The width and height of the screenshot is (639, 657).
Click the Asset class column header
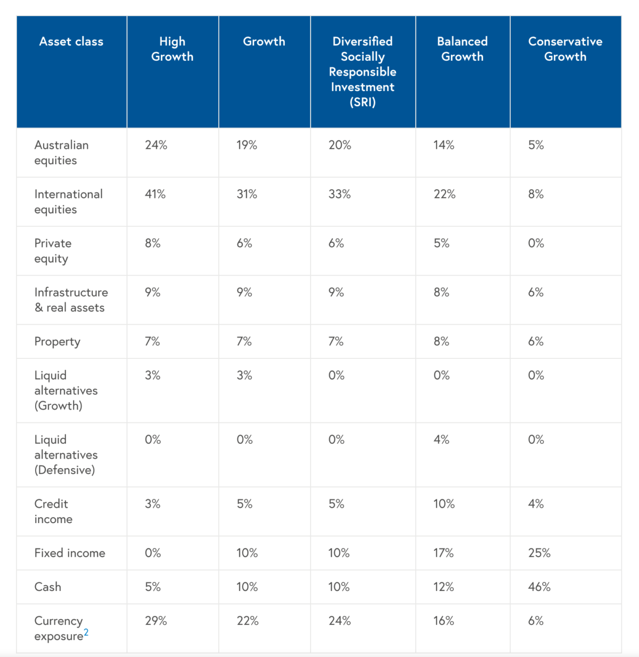pyautogui.click(x=71, y=42)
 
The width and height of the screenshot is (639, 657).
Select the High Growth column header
pyautogui.click(x=172, y=49)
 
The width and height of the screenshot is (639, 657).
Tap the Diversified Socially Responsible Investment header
pyautogui.click(x=363, y=71)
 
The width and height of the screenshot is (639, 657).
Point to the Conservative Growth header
pyautogui.click(x=565, y=49)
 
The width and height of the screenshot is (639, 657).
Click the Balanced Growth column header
pyautogui.click(x=462, y=49)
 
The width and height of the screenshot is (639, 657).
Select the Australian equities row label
pyautogui.click(x=61, y=153)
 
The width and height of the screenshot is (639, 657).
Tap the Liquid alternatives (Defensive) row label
pyautogui.click(x=65, y=454)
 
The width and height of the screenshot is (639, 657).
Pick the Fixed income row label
pyautogui.click(x=70, y=553)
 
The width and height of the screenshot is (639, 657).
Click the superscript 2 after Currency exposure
pyautogui.click(x=86, y=632)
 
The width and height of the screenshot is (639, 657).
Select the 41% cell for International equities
pyautogui.click(x=155, y=194)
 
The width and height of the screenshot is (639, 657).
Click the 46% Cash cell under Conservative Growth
pyautogui.click(x=539, y=587)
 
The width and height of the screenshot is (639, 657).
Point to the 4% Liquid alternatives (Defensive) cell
pyautogui.click(x=441, y=439)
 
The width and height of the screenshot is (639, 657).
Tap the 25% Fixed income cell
pyautogui.click(x=539, y=553)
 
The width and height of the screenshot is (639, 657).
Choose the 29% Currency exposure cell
pyautogui.click(x=156, y=621)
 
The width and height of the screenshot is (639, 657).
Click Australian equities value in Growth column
pyautogui.click(x=247, y=145)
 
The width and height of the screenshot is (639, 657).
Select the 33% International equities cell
pyautogui.click(x=340, y=194)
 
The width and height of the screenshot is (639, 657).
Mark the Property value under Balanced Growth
pyautogui.click(x=441, y=341)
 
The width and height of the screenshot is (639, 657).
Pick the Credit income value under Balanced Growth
pyautogui.click(x=444, y=504)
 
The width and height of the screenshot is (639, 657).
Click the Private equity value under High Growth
pyautogui.click(x=153, y=243)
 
